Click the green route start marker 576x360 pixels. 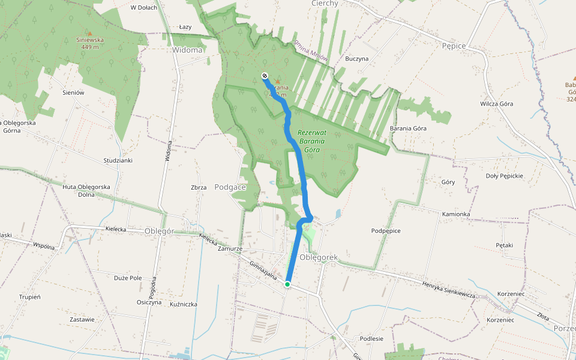pyautogui.click(x=288, y=284)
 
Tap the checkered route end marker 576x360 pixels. pyautogui.click(x=265, y=76)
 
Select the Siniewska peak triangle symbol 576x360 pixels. pyautogui.click(x=90, y=34)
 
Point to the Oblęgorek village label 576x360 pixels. pyautogui.click(x=319, y=257)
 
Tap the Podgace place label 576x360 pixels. pyautogui.click(x=230, y=187)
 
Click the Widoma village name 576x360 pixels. pyautogui.click(x=187, y=50)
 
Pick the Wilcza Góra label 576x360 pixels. pyautogui.click(x=497, y=104)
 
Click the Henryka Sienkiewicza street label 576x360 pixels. pyautogui.click(x=448, y=290)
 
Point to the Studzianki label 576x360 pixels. pyautogui.click(x=118, y=161)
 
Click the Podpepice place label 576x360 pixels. pyautogui.click(x=386, y=230)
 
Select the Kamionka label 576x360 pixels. pyautogui.click(x=456, y=214)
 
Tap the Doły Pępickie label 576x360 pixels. pyautogui.click(x=505, y=176)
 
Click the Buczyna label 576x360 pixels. pyautogui.click(x=356, y=59)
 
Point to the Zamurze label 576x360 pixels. pyautogui.click(x=230, y=248)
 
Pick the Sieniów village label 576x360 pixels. pyautogui.click(x=73, y=93)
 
